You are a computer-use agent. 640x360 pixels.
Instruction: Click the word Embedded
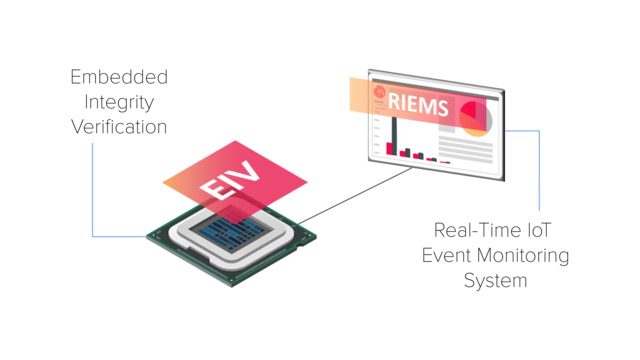click(x=119, y=77)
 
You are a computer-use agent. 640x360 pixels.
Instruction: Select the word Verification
click(x=119, y=127)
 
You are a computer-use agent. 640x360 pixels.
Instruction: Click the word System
click(x=495, y=280)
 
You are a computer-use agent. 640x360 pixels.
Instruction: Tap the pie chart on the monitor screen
click(x=475, y=119)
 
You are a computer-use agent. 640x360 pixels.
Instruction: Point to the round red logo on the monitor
click(x=380, y=91)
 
